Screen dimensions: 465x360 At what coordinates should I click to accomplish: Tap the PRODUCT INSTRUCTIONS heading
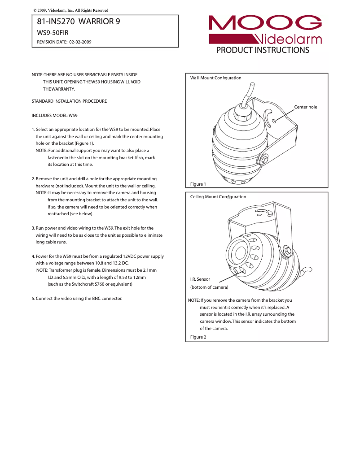pos(263,50)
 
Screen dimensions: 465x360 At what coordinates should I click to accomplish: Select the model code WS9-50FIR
pos(53,33)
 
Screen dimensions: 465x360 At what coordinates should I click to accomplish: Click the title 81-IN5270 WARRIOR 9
pos(78,22)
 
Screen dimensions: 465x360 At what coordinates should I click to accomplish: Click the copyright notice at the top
pos(71,10)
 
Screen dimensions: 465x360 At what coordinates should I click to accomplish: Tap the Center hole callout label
pos(305,107)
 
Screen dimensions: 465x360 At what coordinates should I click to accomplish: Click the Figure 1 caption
pos(198,184)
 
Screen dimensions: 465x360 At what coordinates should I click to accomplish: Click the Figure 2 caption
pos(198,337)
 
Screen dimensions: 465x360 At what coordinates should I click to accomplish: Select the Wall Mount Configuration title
pos(215,78)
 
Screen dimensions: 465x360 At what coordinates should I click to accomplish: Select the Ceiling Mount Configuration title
pos(218,197)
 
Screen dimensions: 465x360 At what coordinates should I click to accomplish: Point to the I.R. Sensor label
pos(200,279)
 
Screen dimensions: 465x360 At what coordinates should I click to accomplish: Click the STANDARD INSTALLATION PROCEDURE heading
pos(69,101)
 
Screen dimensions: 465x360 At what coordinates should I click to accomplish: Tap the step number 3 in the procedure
pos(33,228)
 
